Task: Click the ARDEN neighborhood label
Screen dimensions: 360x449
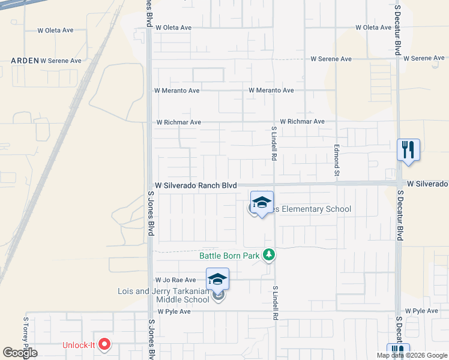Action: pyautogui.click(x=25, y=61)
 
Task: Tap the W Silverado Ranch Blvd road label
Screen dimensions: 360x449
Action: pyautogui.click(x=196, y=186)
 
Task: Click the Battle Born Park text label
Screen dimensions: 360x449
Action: pyautogui.click(x=229, y=256)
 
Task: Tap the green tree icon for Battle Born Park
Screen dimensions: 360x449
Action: pyautogui.click(x=270, y=256)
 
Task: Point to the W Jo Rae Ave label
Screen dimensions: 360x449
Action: pyautogui.click(x=175, y=280)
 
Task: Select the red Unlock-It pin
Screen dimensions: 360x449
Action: pyautogui.click(x=104, y=344)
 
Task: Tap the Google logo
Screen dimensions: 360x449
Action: pyautogui.click(x=20, y=353)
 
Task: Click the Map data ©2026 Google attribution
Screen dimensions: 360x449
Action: pyautogui.click(x=411, y=355)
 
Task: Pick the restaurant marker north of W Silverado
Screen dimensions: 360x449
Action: pyautogui.click(x=408, y=150)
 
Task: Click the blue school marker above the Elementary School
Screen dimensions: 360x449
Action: pyautogui.click(x=262, y=203)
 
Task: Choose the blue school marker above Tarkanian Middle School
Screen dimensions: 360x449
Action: pyautogui.click(x=217, y=280)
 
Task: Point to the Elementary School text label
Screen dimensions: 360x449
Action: pyautogui.click(x=310, y=209)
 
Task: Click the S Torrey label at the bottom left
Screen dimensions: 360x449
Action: pyautogui.click(x=26, y=334)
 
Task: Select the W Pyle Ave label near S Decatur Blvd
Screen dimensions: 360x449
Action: pyautogui.click(x=421, y=311)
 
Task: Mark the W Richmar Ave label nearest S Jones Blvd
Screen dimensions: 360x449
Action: pyautogui.click(x=178, y=122)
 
